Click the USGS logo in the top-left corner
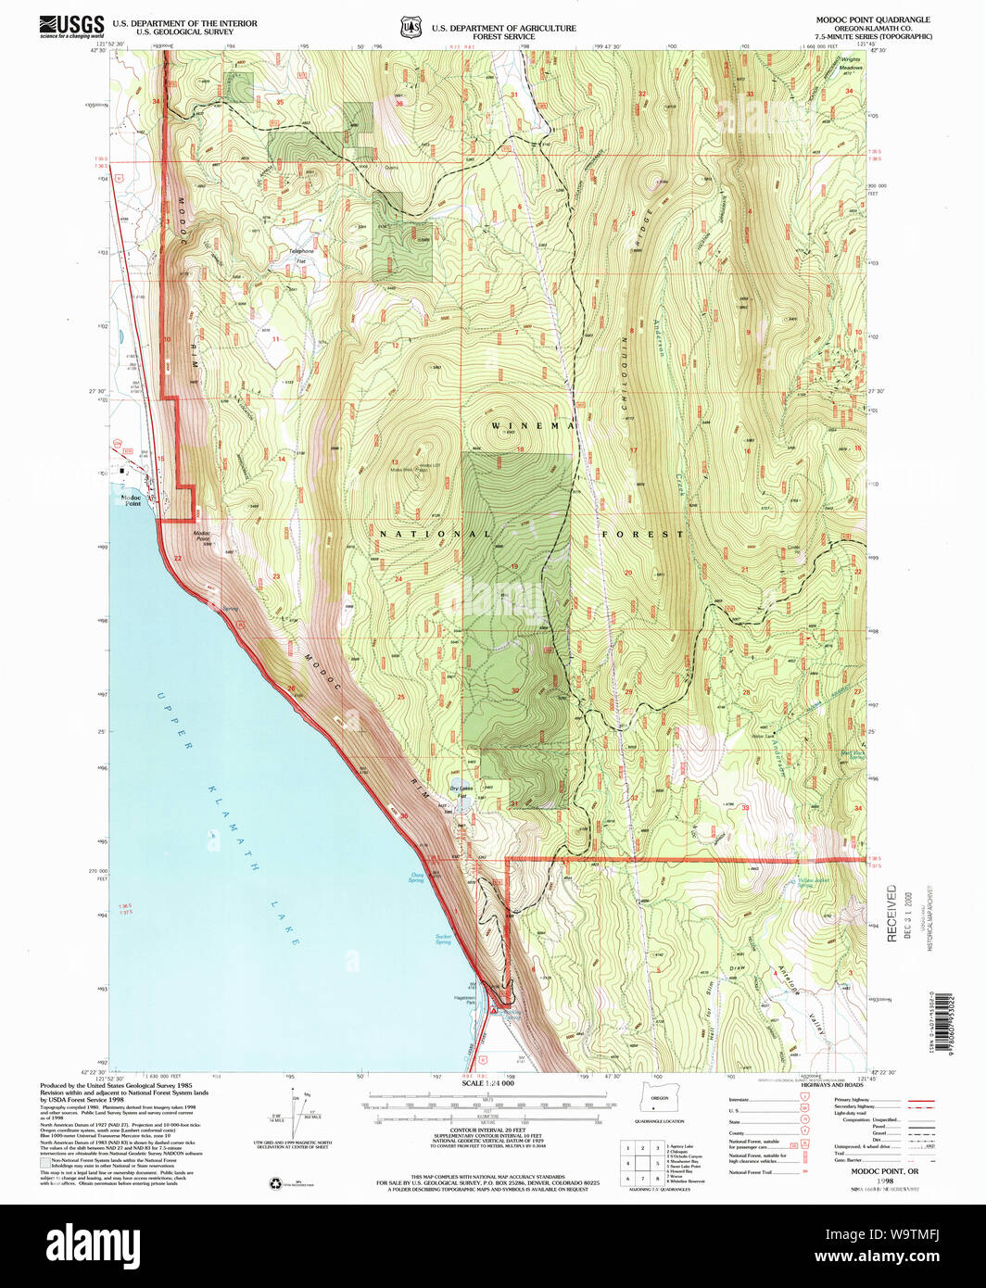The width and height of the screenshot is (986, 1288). click(70, 25)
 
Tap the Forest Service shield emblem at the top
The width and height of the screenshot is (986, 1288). click(411, 27)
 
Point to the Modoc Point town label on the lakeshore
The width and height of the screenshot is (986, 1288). click(131, 500)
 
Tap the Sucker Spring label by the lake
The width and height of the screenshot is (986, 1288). click(443, 939)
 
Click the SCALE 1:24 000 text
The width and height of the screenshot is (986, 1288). click(487, 1083)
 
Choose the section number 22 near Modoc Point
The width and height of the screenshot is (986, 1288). click(177, 559)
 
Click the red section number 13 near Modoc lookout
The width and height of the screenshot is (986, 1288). click(395, 461)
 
